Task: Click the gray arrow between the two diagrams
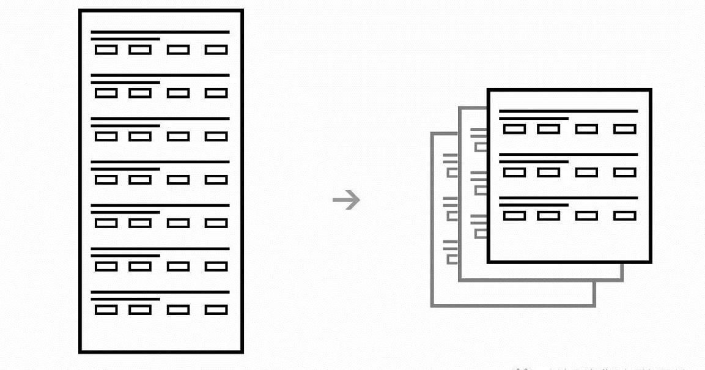tap(346, 200)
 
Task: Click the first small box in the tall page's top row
tap(106, 50)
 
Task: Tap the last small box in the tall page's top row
tap(216, 50)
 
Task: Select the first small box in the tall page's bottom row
tap(106, 309)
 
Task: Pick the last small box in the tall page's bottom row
tap(216, 309)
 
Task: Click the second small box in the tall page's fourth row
tap(140, 180)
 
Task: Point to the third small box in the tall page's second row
tap(178, 93)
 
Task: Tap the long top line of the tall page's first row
tap(160, 32)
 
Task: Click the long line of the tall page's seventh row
tap(160, 292)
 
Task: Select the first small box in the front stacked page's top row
tap(514, 129)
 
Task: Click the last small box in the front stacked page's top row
tap(624, 129)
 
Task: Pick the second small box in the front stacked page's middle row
tap(548, 172)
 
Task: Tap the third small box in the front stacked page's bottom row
tap(586, 216)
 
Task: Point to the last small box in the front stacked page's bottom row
tap(624, 216)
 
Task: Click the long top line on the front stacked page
tap(569, 111)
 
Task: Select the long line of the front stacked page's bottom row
tap(569, 198)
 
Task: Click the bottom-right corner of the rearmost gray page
tap(594, 305)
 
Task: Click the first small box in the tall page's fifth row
tap(106, 223)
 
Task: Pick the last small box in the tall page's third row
tap(216, 136)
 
